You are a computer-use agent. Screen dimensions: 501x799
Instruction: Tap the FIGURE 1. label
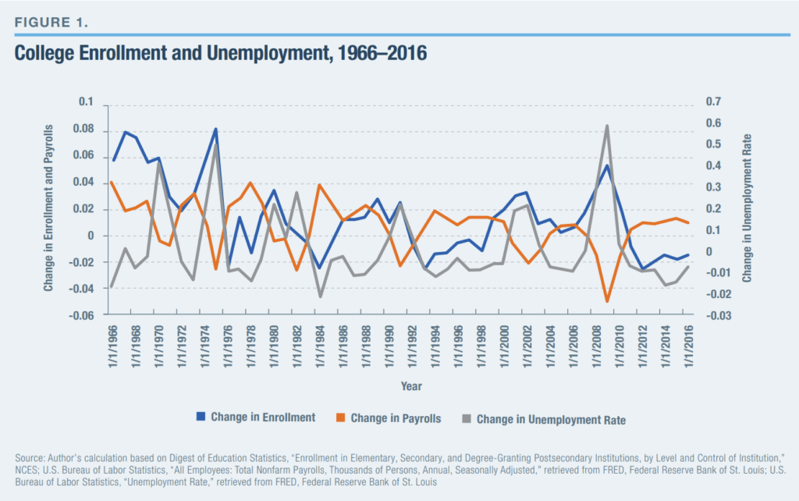[51, 21]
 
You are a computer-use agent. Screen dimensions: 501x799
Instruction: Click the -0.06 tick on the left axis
[81, 315]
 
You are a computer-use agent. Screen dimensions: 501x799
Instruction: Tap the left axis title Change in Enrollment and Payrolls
[48, 208]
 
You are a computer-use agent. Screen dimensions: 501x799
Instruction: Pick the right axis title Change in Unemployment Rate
[747, 208]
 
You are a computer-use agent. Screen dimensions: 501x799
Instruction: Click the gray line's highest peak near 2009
[607, 126]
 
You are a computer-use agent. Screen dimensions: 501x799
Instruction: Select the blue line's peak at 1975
[215, 130]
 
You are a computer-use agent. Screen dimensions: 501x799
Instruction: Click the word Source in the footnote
[30, 455]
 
